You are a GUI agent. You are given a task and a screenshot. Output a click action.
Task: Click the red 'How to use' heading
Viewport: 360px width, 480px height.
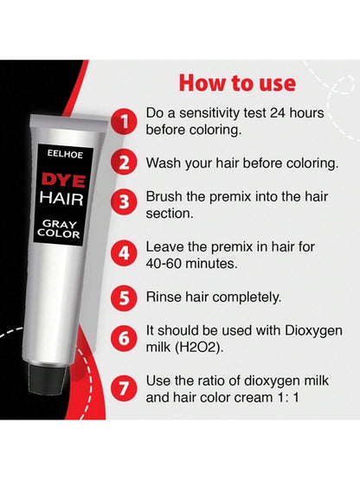pos(236,84)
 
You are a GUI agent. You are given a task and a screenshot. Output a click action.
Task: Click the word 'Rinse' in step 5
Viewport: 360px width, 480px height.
pos(164,296)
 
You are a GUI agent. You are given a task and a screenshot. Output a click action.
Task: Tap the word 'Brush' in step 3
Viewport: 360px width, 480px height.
pos(166,195)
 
